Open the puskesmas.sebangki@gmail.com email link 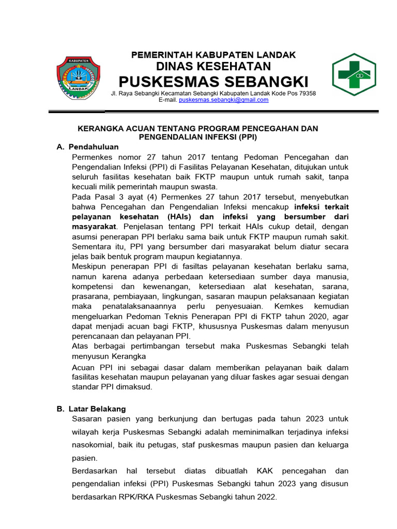[223, 100]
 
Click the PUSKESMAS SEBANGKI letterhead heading [213, 82]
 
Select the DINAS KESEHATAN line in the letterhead [213, 66]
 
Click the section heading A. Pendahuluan [87, 147]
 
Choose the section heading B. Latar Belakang [91, 409]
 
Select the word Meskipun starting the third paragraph [92, 266]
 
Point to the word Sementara [94, 246]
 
